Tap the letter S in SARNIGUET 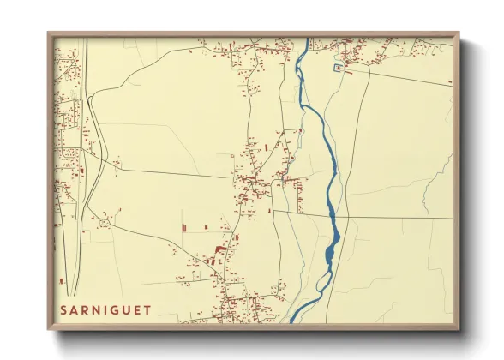63,309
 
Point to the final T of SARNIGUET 147,309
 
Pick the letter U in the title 127,309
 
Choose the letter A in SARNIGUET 75,309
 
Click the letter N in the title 96,309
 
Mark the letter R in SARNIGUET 85,309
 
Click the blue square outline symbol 339,66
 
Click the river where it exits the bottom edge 291,321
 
